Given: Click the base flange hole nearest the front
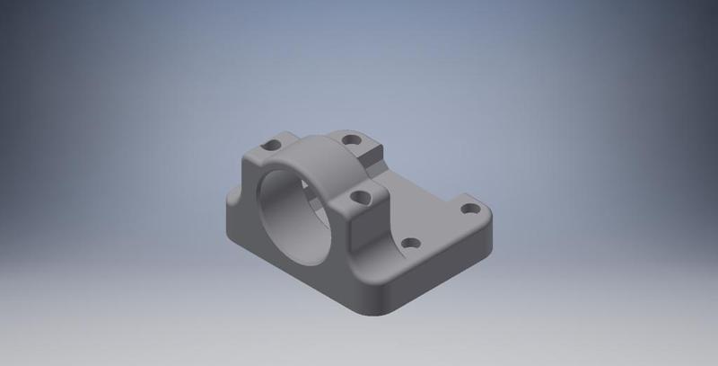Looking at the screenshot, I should (411, 243).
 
